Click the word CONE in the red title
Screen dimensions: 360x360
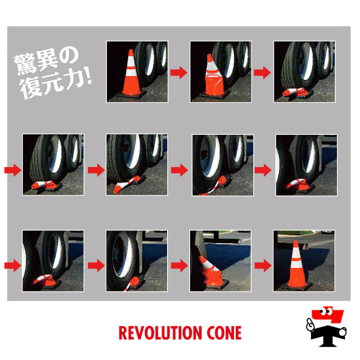[224, 333]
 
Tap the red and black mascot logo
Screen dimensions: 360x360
[326, 326]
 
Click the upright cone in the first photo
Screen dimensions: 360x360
[131, 75]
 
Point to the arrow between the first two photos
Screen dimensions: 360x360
[179, 73]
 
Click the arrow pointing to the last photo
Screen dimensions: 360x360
[263, 265]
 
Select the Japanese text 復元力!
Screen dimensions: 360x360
[56, 84]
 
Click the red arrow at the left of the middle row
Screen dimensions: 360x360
[13, 170]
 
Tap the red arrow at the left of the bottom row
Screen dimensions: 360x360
[13, 265]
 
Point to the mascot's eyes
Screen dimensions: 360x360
[326, 312]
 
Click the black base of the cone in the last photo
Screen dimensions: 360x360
[296, 287]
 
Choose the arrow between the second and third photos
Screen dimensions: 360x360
[263, 73]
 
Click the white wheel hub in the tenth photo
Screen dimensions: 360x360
[122, 255]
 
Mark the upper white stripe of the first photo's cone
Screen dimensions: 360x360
[131, 61]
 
